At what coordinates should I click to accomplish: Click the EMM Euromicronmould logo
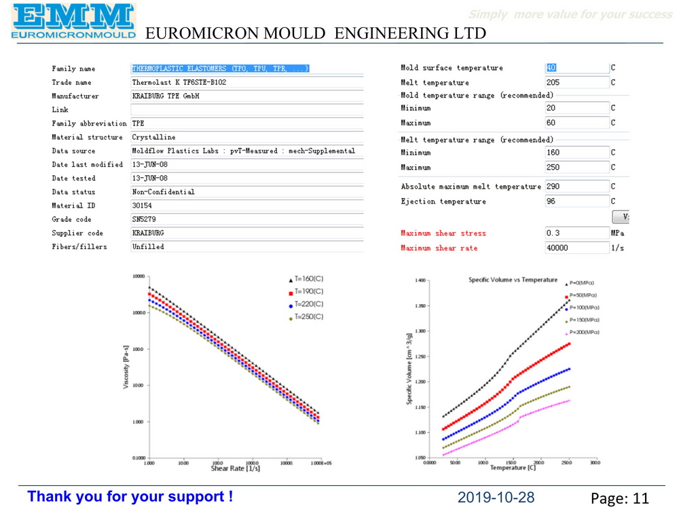(x=73, y=20)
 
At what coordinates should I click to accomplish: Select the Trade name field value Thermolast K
(x=179, y=83)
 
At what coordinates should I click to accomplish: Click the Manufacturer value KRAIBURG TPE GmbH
(x=166, y=96)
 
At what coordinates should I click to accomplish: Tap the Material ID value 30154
(x=142, y=206)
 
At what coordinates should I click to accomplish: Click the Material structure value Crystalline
(x=153, y=137)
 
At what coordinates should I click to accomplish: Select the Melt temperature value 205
(x=553, y=83)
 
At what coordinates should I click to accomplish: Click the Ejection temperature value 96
(x=551, y=202)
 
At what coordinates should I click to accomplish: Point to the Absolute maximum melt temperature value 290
(x=553, y=187)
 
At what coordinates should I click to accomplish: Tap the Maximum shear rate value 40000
(x=558, y=248)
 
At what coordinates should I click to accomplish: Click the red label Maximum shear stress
(x=443, y=233)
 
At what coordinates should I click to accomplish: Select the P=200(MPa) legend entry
(x=583, y=333)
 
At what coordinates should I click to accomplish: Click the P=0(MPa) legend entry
(x=581, y=283)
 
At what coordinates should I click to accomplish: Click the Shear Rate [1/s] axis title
(x=235, y=468)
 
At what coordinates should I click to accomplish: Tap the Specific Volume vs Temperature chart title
(x=513, y=280)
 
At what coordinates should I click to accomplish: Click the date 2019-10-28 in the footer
(x=496, y=497)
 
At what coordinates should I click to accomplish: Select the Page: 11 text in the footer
(x=619, y=499)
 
